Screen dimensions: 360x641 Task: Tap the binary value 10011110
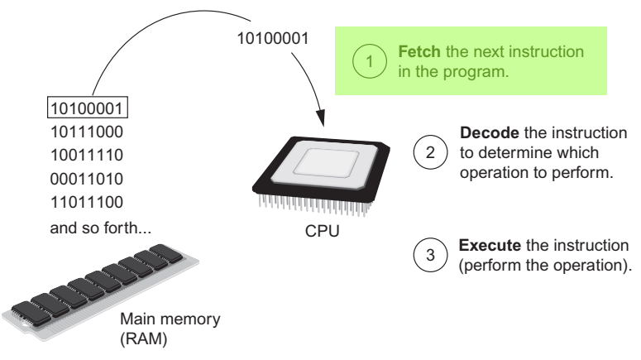tap(87, 155)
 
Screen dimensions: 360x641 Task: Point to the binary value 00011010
tap(87, 178)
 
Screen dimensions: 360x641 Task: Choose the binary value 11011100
tap(87, 200)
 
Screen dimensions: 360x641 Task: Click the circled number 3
tap(428, 256)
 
